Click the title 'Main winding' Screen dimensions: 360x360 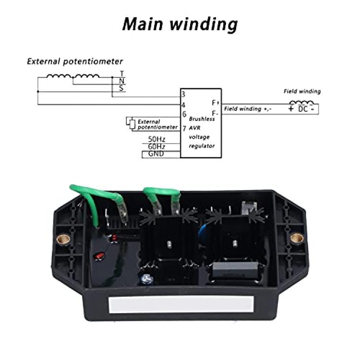[180, 24]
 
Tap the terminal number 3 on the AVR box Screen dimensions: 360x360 [183, 95]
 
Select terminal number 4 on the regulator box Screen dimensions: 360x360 [183, 105]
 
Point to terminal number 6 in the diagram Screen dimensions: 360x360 [184, 114]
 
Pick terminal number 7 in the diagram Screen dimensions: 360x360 [184, 128]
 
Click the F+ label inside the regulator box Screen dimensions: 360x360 [216, 103]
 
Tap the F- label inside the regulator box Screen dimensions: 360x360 [215, 113]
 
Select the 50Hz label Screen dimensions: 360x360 [156, 139]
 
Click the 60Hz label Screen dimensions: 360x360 [156, 146]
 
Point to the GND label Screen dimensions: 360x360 [156, 154]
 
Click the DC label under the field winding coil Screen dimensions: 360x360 [303, 109]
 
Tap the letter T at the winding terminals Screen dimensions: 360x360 [122, 74]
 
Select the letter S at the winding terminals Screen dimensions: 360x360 [121, 88]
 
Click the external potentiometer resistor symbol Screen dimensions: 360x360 [132, 124]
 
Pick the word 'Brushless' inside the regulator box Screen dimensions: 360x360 [202, 119]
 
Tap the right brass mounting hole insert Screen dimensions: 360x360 [297, 238]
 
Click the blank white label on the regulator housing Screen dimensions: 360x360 [181, 304]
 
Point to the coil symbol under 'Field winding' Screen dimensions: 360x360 [302, 102]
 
